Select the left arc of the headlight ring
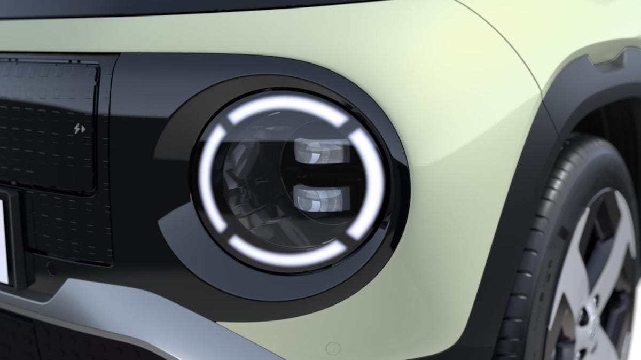pos(206,176)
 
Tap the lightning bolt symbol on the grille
pos(79,129)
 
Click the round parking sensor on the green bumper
pos(333,349)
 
